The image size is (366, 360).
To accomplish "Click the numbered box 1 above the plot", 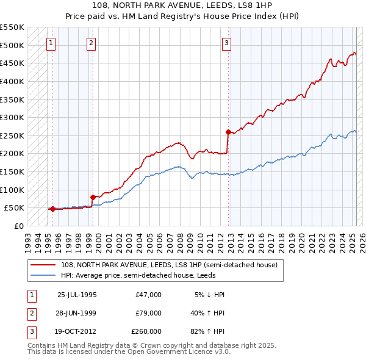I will coord(51,43).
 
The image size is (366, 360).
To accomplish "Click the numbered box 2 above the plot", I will coord(91,43).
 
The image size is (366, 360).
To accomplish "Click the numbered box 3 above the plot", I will coord(226,43).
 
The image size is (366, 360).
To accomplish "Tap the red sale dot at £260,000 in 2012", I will coord(228,132).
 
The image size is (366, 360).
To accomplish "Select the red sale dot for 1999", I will coord(93,197).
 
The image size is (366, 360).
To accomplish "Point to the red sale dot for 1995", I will coord(52,209).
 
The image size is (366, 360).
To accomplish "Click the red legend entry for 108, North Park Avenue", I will coord(170,265).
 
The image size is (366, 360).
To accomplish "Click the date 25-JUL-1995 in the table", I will coord(77,295).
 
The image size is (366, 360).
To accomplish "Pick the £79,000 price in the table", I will coord(148,313).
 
